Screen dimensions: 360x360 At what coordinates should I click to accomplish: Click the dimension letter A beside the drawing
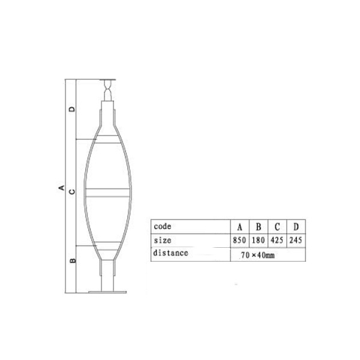pos(61,188)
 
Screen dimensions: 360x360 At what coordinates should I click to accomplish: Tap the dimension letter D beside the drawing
pos(72,109)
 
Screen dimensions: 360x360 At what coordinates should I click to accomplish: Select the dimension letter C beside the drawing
pos(72,191)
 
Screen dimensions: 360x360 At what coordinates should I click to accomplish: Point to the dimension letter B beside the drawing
pos(73,260)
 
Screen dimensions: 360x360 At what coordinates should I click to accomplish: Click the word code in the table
pos(163,226)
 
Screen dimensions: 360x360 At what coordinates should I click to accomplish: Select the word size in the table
pos(163,241)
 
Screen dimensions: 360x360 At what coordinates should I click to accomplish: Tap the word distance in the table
pos(170,253)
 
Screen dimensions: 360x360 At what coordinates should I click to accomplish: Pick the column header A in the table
pos(239,227)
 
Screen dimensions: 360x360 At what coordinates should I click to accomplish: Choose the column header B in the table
pos(259,227)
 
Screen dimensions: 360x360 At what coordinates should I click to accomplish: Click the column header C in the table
pos(277,227)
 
